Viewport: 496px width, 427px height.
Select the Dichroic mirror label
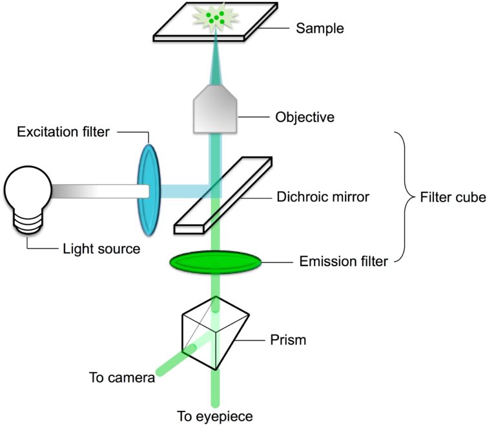(x=322, y=197)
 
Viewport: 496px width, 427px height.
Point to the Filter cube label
(x=451, y=197)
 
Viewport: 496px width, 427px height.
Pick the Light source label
(x=101, y=248)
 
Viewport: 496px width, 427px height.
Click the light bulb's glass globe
(x=27, y=191)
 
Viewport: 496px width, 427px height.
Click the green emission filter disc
(x=215, y=262)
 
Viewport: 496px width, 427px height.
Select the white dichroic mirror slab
(x=223, y=194)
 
